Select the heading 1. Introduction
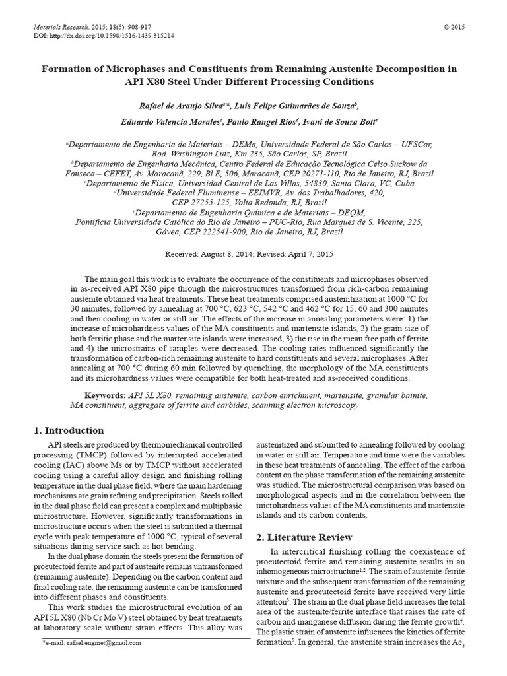pyautogui.click(x=69, y=430)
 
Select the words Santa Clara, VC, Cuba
pyautogui.click(x=373, y=183)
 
